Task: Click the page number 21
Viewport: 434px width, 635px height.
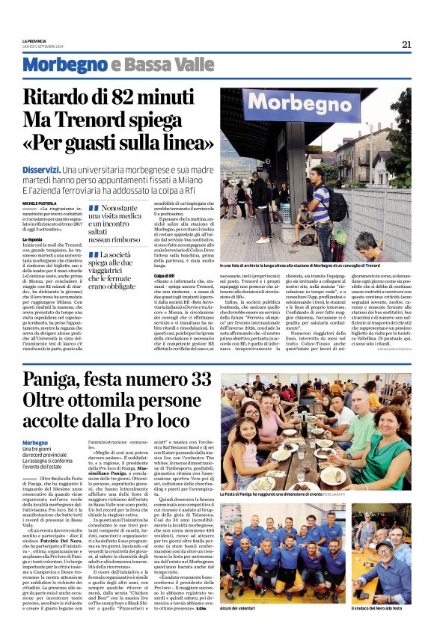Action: pyautogui.click(x=406, y=44)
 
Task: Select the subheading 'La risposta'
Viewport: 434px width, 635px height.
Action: pyautogui.click(x=33, y=239)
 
